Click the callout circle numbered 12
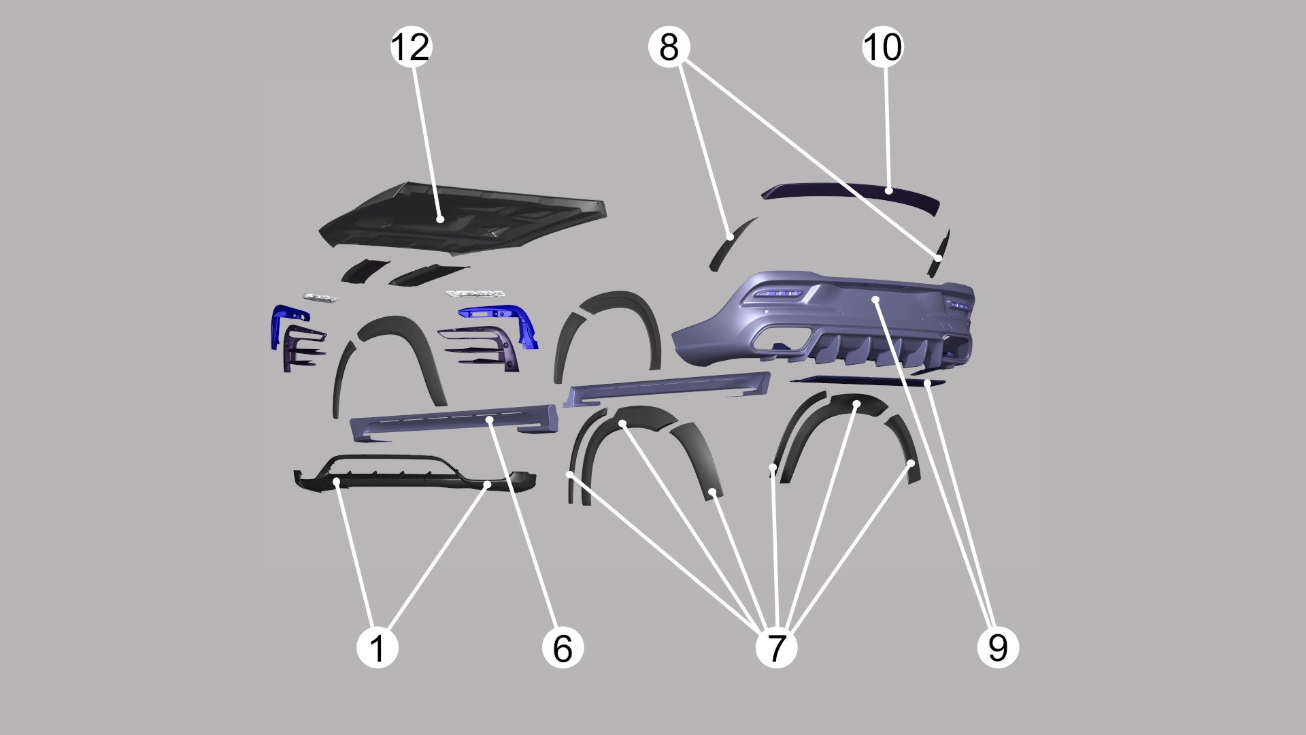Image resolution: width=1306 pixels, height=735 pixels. (411, 47)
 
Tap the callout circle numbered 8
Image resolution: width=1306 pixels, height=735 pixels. (669, 47)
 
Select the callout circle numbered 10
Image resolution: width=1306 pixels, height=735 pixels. (883, 47)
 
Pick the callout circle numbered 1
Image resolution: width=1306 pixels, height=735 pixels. (378, 647)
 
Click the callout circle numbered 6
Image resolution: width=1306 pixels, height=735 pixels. (563, 647)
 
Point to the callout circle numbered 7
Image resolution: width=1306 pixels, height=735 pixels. (776, 647)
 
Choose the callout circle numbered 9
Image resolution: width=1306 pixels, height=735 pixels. (998, 647)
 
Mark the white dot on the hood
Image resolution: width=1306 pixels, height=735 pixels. (441, 219)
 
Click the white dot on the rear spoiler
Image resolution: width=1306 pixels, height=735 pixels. (889, 191)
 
